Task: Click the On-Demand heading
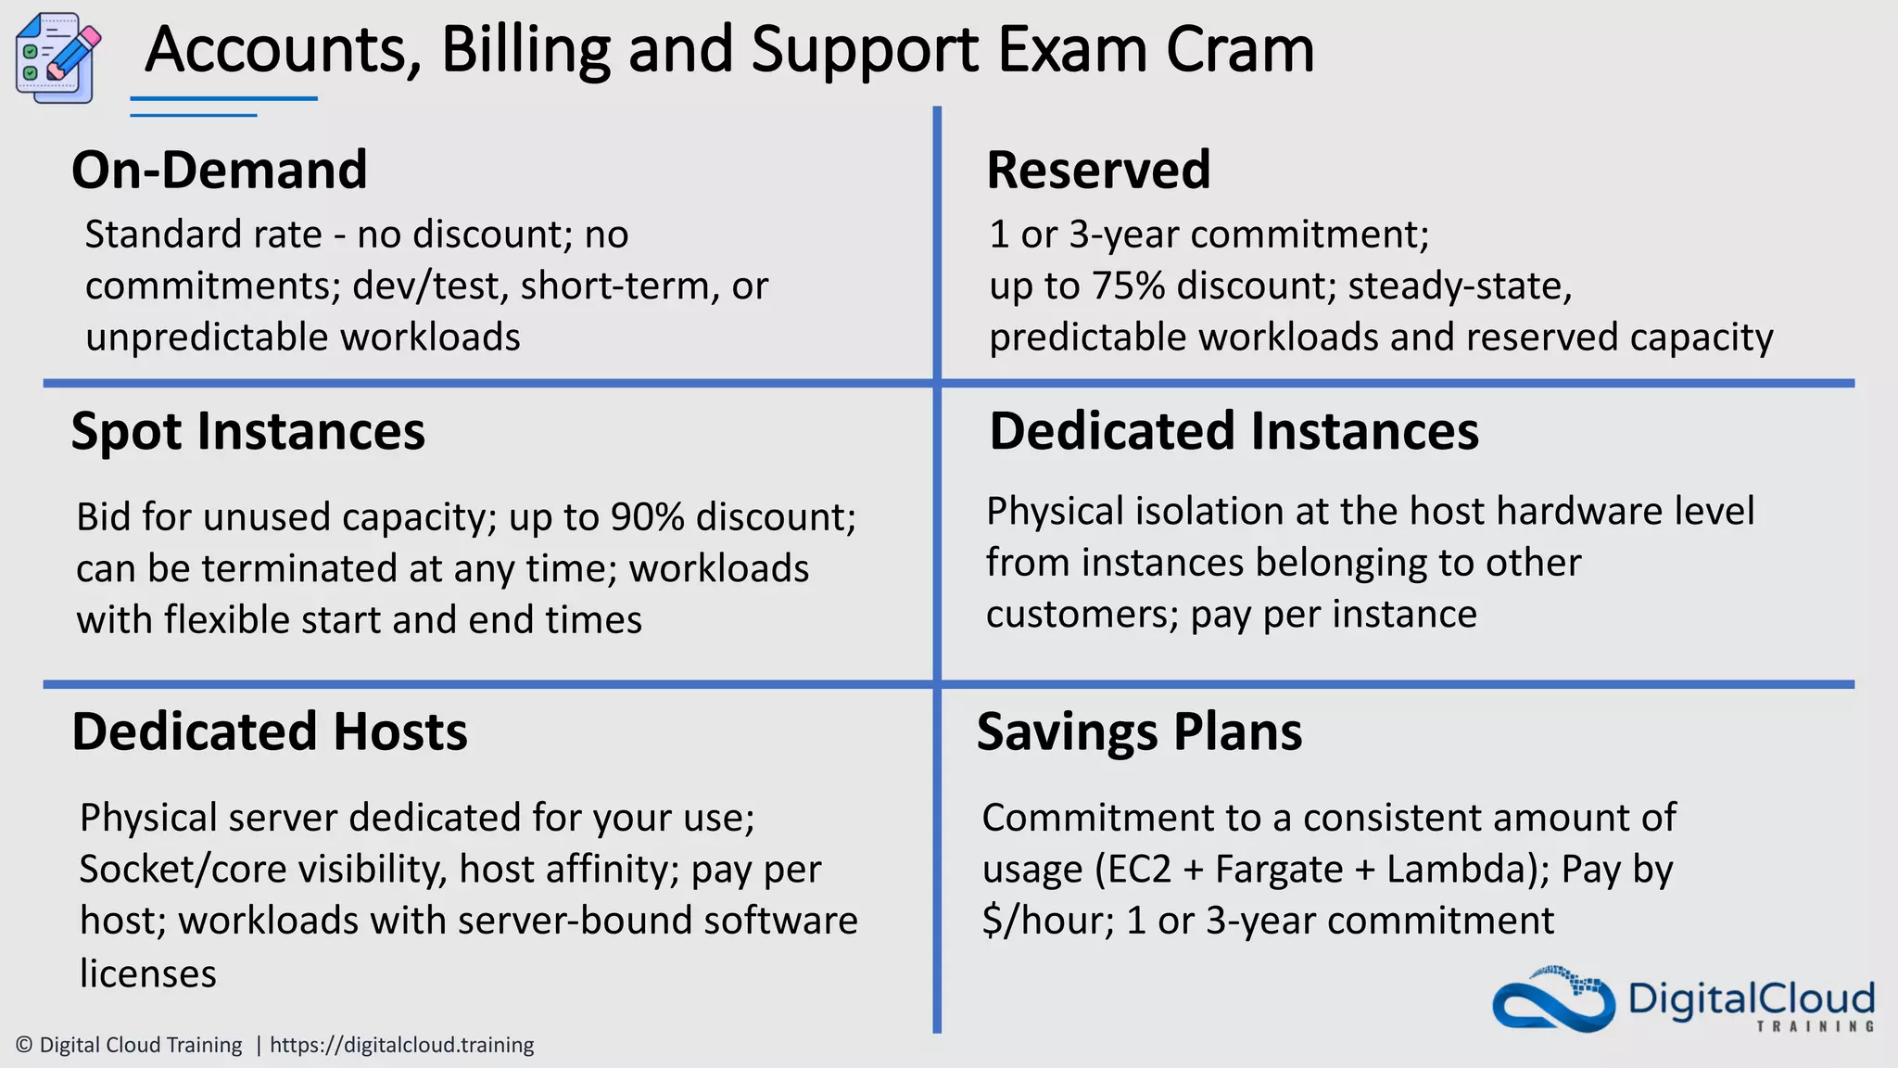220,171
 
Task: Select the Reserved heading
1098,171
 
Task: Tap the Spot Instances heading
247,432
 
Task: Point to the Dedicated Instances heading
1234,432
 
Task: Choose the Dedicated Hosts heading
270,732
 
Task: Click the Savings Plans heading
1139,732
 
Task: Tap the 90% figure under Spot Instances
647,517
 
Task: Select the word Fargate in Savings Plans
1279,871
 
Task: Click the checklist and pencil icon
57,57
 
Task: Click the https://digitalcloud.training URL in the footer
401,1046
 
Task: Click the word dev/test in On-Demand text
431,286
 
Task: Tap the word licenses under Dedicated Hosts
148,974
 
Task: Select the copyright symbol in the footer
25,1046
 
